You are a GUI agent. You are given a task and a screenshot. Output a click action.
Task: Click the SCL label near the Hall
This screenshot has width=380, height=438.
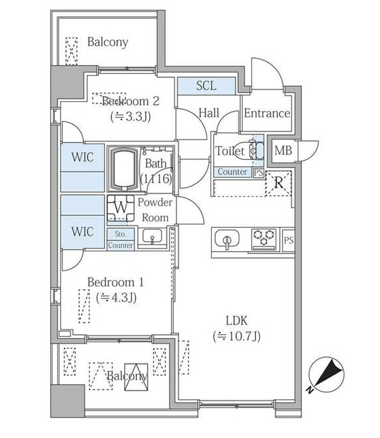click(206, 86)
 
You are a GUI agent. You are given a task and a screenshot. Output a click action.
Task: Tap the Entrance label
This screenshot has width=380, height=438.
click(266, 113)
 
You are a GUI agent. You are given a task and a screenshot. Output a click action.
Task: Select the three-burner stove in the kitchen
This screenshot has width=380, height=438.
click(263, 239)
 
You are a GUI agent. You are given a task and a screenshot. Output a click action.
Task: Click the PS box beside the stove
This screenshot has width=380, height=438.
click(288, 240)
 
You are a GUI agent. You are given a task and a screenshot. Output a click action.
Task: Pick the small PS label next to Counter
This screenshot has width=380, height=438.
click(258, 172)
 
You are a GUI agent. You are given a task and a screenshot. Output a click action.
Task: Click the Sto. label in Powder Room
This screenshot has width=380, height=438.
click(120, 234)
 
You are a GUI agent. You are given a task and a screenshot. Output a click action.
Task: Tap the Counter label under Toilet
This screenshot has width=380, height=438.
click(232, 172)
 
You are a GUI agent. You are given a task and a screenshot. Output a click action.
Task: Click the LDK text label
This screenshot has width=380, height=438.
click(237, 321)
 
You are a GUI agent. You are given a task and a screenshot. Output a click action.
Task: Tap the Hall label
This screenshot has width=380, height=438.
click(209, 113)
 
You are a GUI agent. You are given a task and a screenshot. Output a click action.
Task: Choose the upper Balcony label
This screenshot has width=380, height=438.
click(107, 42)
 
